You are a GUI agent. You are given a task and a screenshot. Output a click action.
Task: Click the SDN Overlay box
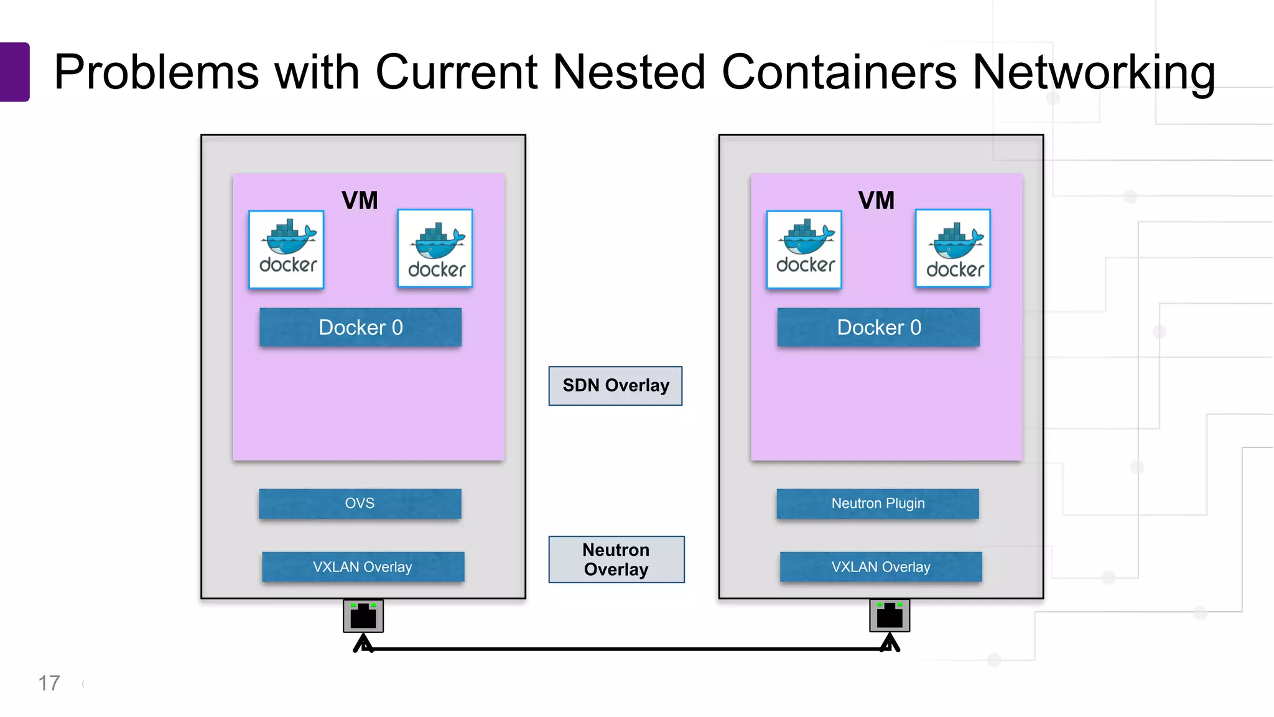(x=615, y=386)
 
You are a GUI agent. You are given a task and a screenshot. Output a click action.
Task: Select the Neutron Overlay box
(x=616, y=560)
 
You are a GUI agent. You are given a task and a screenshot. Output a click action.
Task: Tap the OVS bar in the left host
(x=360, y=504)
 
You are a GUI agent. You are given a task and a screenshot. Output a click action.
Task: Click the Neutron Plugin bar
(x=878, y=504)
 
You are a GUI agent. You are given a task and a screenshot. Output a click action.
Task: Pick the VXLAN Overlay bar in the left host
(x=363, y=567)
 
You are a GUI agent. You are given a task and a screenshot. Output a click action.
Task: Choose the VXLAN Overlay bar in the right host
(x=881, y=567)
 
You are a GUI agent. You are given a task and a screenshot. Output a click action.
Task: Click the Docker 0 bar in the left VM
(x=360, y=327)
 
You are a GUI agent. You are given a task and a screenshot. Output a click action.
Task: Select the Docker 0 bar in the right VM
(x=878, y=327)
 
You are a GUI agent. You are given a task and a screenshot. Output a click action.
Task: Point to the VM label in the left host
(x=360, y=200)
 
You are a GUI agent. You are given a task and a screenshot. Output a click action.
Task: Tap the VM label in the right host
(x=876, y=200)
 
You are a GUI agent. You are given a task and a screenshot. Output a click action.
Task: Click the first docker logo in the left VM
(x=287, y=250)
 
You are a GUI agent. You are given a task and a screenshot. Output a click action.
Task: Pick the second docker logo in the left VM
(x=435, y=248)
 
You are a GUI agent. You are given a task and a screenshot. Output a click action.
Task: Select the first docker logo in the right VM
(x=804, y=250)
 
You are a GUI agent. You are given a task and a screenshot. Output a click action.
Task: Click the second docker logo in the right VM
(x=953, y=248)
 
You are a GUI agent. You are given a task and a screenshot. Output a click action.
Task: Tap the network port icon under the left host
(x=363, y=616)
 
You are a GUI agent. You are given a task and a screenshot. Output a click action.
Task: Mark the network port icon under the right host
(x=890, y=616)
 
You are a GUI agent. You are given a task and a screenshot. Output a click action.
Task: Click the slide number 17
(x=49, y=683)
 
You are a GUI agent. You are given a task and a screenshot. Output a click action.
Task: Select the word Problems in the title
(x=156, y=72)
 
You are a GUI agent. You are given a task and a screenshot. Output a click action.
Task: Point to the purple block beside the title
(x=14, y=72)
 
